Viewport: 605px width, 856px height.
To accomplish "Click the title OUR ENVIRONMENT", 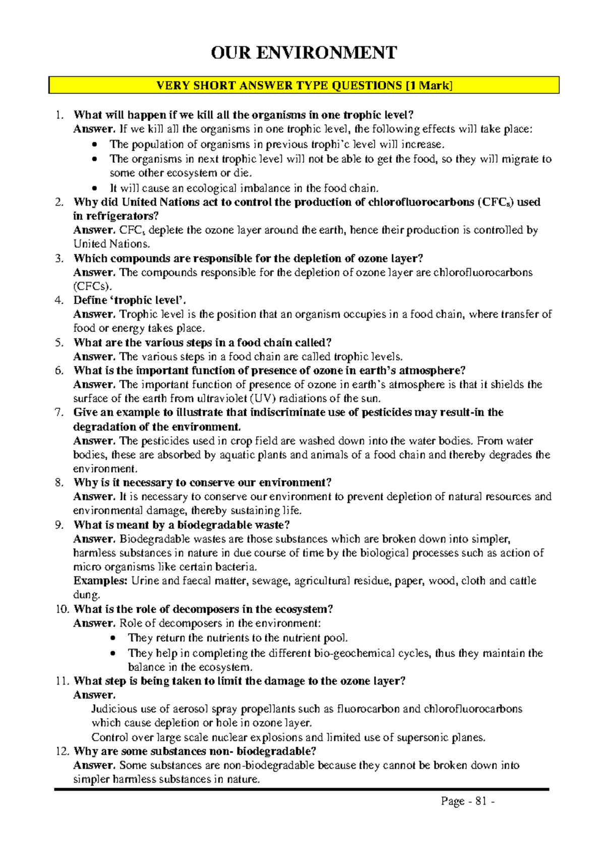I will pyautogui.click(x=304, y=52).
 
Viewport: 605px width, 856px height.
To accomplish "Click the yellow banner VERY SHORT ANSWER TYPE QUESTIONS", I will pyautogui.click(x=304, y=85).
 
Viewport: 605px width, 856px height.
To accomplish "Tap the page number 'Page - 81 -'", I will pyautogui.click(x=467, y=801).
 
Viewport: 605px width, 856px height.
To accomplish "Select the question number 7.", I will pyautogui.click(x=59, y=412).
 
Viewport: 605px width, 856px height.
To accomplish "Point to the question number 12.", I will pyautogui.click(x=62, y=751).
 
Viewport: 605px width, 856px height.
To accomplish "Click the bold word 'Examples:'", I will pyautogui.click(x=100, y=581).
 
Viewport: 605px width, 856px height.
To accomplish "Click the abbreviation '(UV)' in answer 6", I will pyautogui.click(x=263, y=398).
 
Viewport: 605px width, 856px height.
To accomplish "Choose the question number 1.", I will pyautogui.click(x=59, y=115).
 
